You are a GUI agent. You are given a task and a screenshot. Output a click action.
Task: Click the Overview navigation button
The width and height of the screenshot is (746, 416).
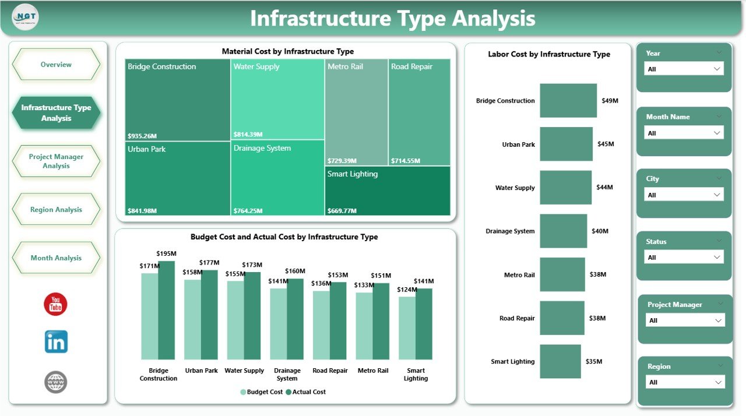click(x=56, y=65)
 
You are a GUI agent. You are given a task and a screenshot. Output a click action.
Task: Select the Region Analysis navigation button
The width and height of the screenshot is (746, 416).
click(x=56, y=210)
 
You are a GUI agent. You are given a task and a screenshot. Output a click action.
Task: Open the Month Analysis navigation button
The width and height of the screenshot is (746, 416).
click(x=56, y=258)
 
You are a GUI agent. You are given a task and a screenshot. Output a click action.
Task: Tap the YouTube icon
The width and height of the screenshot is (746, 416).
click(x=56, y=304)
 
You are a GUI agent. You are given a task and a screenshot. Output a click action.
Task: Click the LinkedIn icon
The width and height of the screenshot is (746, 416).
click(x=56, y=342)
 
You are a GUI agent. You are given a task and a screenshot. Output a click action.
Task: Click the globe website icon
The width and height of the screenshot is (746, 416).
click(x=56, y=382)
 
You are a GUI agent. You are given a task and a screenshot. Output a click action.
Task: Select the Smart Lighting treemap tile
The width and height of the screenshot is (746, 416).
click(x=388, y=191)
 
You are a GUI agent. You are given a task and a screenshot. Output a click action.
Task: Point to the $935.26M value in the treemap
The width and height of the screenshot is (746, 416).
click(x=142, y=136)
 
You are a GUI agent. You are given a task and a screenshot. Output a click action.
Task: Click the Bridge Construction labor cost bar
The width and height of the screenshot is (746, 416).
click(x=568, y=101)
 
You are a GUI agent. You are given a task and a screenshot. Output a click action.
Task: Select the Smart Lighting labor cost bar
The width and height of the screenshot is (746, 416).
click(x=560, y=362)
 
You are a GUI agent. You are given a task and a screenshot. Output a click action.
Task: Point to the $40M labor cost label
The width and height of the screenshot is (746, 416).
click(x=600, y=231)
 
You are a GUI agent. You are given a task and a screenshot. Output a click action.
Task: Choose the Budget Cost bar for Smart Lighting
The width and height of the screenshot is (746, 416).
click(x=407, y=328)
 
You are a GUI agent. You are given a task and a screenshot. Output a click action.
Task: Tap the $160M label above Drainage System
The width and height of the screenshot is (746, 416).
click(x=295, y=271)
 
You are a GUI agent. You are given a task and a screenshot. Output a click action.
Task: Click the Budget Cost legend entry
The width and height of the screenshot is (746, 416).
click(x=262, y=392)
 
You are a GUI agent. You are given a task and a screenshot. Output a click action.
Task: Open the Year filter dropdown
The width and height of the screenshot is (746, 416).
click(x=684, y=69)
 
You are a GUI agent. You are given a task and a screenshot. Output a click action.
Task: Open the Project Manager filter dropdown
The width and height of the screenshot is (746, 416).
click(x=685, y=320)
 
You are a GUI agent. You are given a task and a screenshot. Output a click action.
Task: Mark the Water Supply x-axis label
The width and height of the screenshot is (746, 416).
click(x=244, y=371)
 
